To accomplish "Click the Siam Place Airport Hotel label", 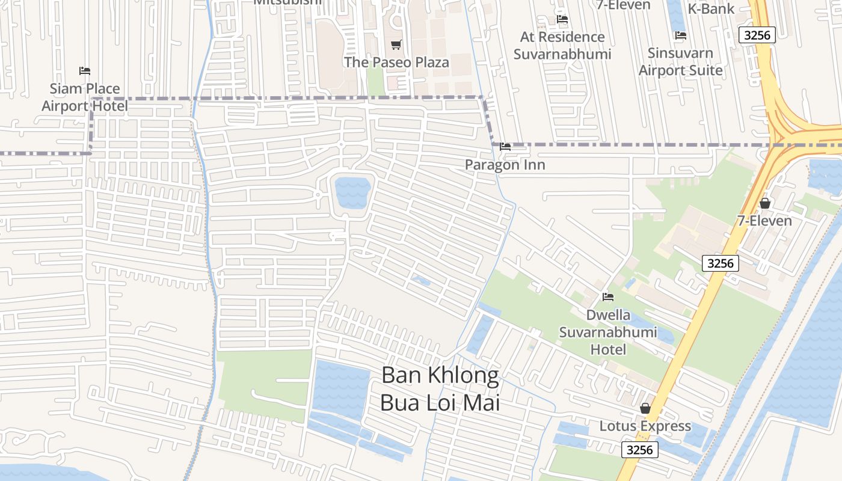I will [x=85, y=97].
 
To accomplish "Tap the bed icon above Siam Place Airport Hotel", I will [x=85, y=71].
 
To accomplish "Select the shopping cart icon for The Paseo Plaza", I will [x=396, y=44].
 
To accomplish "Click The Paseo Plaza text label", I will [x=396, y=62].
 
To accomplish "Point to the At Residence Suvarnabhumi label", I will [x=562, y=45].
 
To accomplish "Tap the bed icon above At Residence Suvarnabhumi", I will [x=562, y=19].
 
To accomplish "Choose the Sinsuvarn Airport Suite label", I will [x=680, y=61].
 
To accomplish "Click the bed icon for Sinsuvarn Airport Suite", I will [x=681, y=35].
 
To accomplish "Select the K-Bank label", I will [x=711, y=8].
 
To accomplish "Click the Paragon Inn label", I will [x=505, y=165].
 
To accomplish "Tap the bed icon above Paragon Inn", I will [x=505, y=146].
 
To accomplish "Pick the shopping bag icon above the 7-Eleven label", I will [x=765, y=203].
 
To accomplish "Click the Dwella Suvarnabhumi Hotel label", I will [x=608, y=332].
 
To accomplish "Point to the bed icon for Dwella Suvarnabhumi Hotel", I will [x=608, y=297].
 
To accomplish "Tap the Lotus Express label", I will [x=645, y=426].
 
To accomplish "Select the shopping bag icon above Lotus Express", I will [x=645, y=408].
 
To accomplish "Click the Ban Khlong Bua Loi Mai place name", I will [x=440, y=388].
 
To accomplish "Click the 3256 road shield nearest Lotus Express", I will [x=640, y=449].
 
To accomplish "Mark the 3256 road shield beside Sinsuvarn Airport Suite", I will [x=757, y=35].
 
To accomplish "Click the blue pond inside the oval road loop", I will [x=352, y=192].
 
